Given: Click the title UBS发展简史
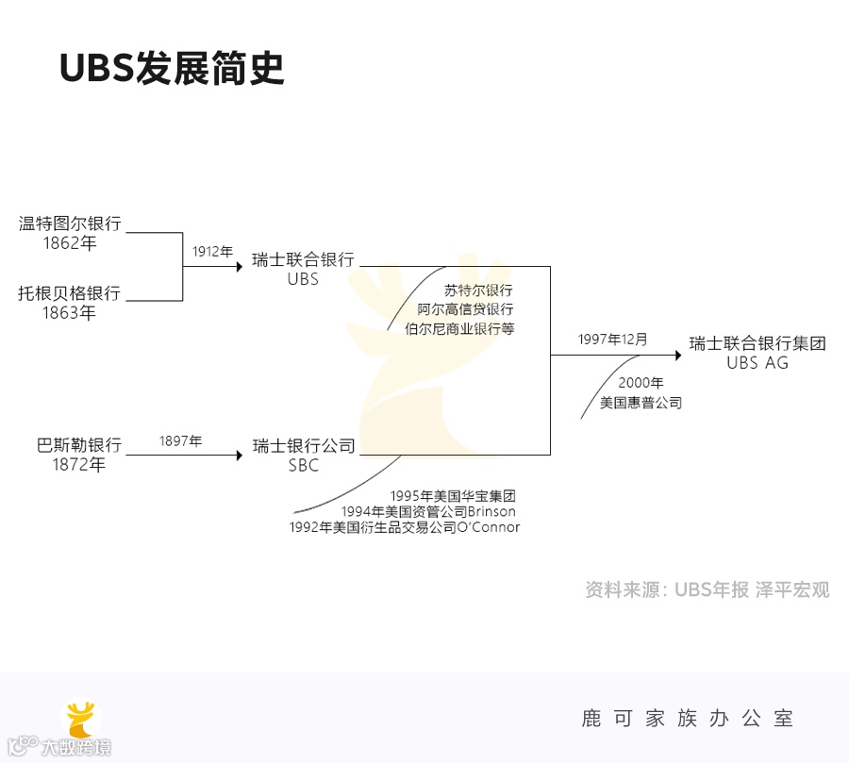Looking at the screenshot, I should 171,68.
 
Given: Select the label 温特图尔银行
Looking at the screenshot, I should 70,224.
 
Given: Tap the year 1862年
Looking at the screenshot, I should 70,243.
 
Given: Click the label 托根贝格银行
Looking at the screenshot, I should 70,293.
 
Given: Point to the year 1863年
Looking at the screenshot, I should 70,313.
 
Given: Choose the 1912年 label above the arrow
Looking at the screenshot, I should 212,252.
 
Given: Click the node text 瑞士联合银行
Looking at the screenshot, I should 303,259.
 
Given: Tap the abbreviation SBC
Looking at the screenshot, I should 303,466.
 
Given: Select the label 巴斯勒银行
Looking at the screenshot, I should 79,445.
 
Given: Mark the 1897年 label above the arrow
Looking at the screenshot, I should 180,440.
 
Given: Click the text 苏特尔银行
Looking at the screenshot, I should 478,290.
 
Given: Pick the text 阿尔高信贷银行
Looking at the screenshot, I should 465,309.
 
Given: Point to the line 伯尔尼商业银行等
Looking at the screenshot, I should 458,329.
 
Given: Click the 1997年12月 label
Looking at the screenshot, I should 613,340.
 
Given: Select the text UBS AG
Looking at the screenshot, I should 757,363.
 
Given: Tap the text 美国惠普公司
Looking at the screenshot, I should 641,403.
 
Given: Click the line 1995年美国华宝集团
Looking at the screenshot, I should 453,495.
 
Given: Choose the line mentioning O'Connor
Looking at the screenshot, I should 405,527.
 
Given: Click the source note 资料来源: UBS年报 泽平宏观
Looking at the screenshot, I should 707,590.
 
